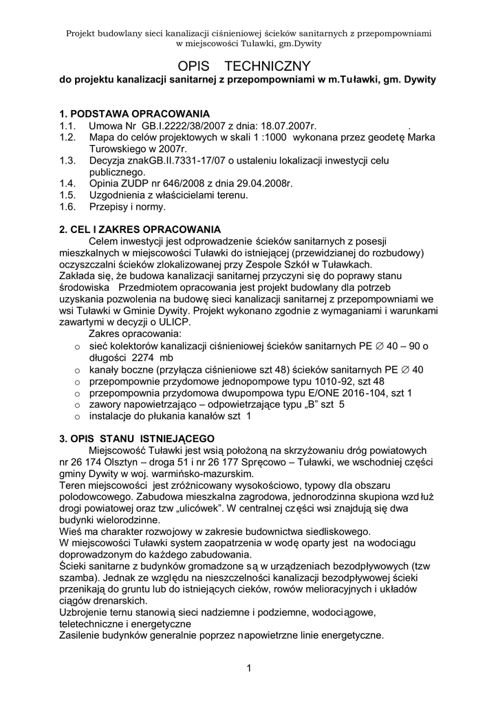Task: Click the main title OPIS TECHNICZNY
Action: coord(249,65)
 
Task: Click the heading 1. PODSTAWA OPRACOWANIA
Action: coord(135,113)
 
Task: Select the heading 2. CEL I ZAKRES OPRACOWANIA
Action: coord(140,228)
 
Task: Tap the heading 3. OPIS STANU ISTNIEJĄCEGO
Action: coord(138,438)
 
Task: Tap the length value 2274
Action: coord(143,357)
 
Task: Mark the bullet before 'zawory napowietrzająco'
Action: coord(78,405)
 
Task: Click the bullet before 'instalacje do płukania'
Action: coord(78,417)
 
